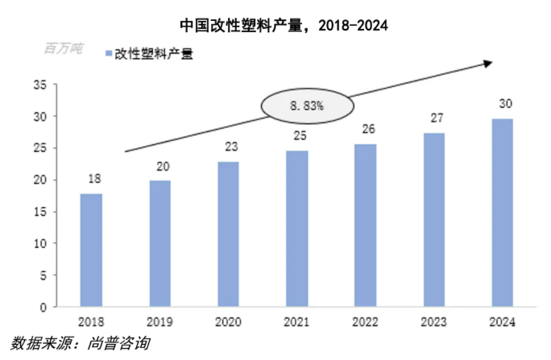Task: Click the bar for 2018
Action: [x=91, y=250]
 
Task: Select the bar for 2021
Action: [x=297, y=229]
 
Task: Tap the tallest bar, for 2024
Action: [x=503, y=213]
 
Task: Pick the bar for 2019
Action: [x=159, y=243]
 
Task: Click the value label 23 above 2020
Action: [x=229, y=147]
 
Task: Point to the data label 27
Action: [x=434, y=118]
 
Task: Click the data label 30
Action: [x=503, y=104]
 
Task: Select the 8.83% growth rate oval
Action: [x=306, y=106]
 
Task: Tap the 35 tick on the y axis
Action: [x=39, y=85]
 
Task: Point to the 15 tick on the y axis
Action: [x=39, y=212]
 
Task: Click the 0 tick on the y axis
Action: [x=43, y=307]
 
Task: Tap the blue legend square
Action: [x=107, y=55]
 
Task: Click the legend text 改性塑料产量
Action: [x=154, y=55]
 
